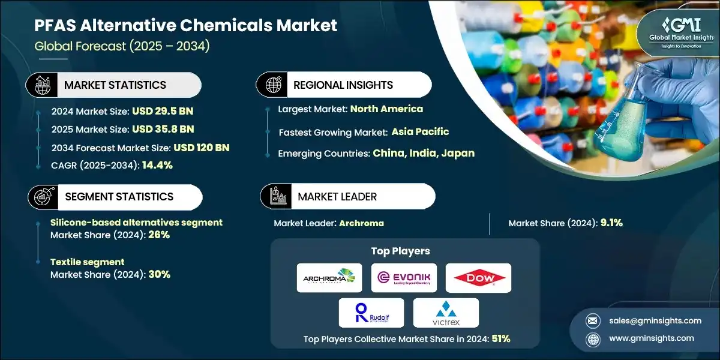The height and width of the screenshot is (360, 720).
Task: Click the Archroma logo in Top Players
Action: tap(329, 278)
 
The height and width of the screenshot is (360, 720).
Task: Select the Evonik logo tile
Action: tap(404, 278)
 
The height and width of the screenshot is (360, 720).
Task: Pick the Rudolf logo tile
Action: tap(371, 313)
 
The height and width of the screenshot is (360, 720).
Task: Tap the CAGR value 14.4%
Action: tap(157, 165)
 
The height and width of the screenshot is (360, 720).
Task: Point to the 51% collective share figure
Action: tap(500, 339)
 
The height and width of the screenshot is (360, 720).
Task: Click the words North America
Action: tap(386, 109)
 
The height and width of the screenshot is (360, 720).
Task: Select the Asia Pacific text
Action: tap(420, 131)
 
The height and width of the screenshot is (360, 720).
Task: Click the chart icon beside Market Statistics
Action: tap(41, 85)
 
